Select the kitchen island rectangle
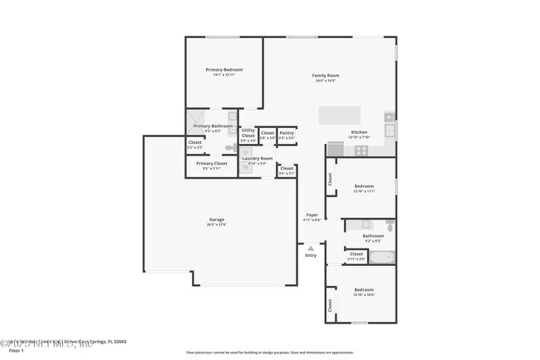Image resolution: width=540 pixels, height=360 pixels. (341, 114)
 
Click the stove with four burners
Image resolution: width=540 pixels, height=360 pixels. (361, 150)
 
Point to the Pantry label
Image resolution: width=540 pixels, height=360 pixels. (287, 133)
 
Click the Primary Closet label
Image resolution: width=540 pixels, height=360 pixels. (211, 164)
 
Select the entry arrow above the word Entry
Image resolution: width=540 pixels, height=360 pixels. (311, 248)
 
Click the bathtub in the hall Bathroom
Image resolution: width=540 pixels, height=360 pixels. (381, 257)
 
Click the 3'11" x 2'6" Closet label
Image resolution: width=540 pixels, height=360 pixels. (356, 254)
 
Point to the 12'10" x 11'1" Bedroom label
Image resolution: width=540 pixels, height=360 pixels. (364, 187)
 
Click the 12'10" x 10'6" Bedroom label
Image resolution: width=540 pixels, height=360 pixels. (364, 292)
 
